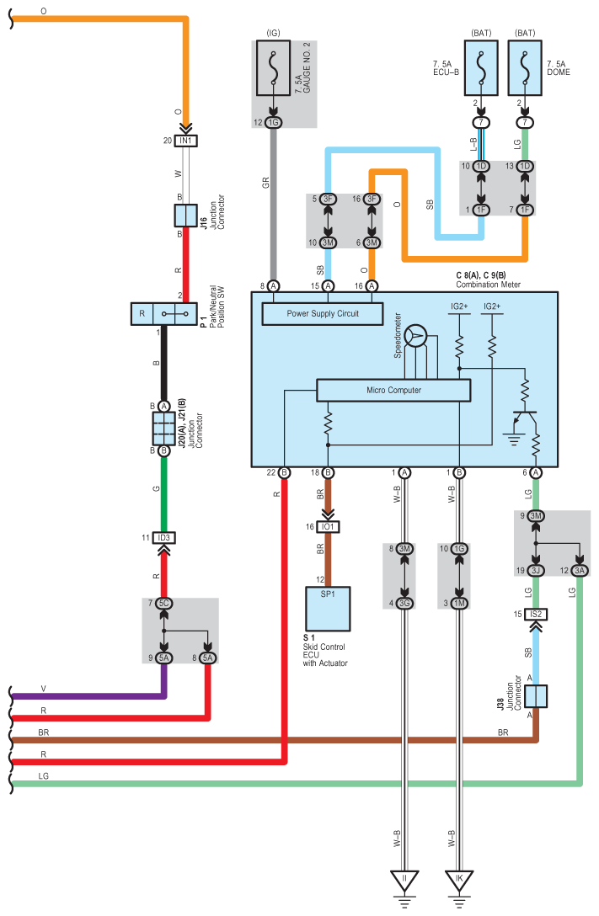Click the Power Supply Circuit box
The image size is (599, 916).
click(323, 314)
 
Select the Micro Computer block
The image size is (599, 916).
click(393, 391)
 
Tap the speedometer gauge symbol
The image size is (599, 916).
click(415, 337)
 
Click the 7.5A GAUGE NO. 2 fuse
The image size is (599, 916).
click(273, 67)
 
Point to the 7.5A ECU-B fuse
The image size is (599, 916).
click(481, 67)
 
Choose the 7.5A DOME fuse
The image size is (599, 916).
click(525, 67)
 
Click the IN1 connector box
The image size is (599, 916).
click(186, 141)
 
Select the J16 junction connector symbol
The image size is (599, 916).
click(186, 216)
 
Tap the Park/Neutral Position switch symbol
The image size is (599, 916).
click(163, 314)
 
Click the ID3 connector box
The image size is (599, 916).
click(163, 537)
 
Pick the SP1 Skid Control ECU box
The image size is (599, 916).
click(328, 609)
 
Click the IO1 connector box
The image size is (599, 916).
click(328, 527)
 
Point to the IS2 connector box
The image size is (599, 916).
click(536, 614)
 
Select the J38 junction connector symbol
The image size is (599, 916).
click(536, 695)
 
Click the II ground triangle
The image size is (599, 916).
click(404, 881)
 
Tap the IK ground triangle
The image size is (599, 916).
click(459, 881)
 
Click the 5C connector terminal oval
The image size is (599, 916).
click(164, 603)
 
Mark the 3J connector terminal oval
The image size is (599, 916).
click(536, 570)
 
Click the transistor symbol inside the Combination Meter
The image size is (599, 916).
click(524, 419)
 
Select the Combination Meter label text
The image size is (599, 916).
click(488, 285)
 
